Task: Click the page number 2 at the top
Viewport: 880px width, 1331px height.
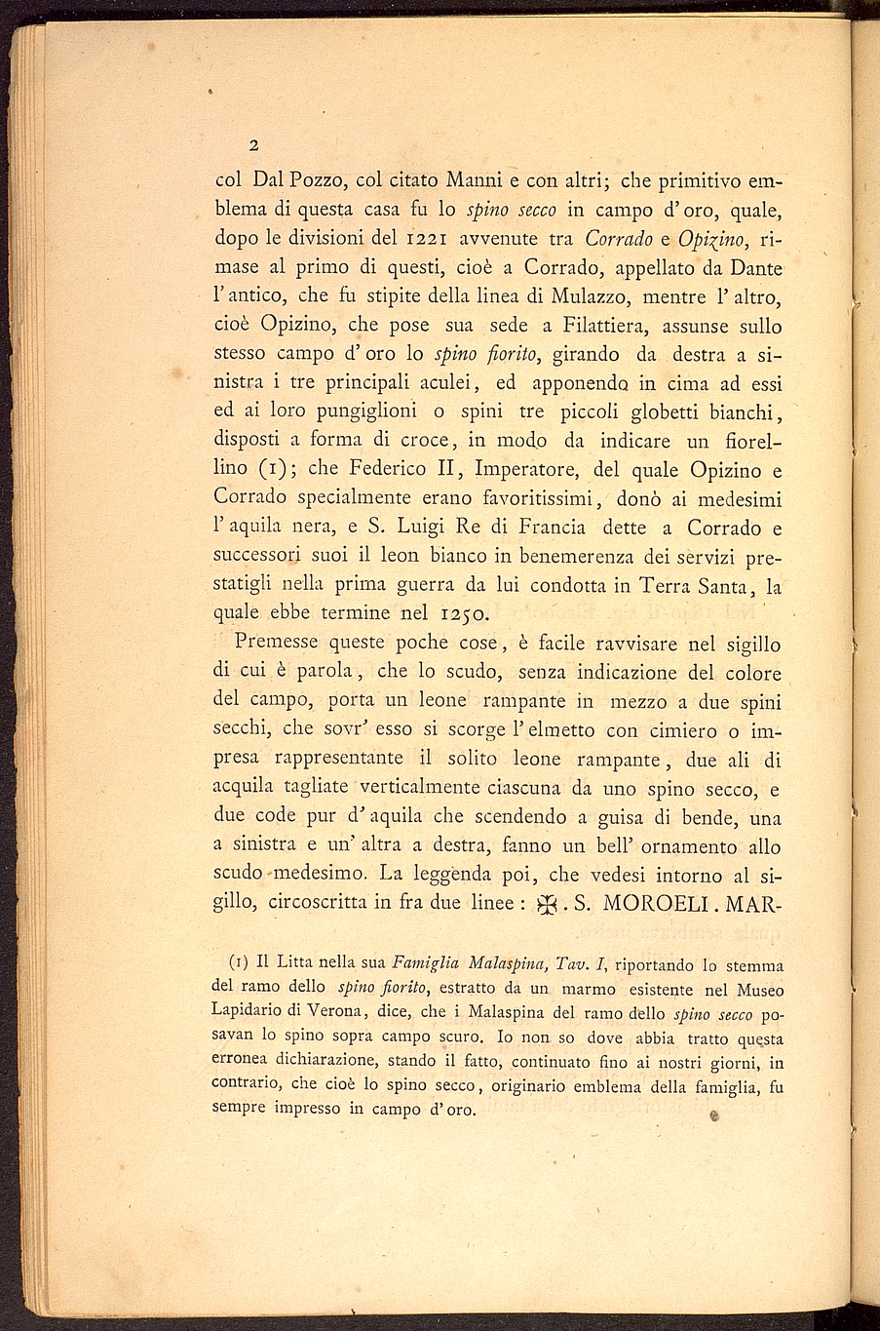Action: (x=252, y=146)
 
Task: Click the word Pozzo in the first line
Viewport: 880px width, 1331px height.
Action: (x=317, y=180)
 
